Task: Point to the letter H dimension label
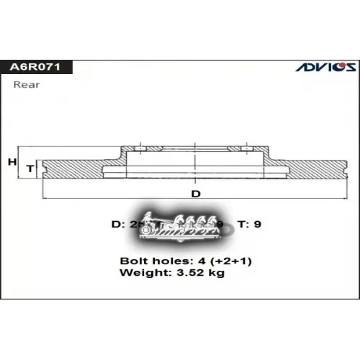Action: click(12, 162)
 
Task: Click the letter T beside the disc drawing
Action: click(30, 168)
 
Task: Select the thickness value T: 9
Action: click(248, 224)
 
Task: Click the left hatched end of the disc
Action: click(72, 167)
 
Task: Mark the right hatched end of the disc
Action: click(317, 167)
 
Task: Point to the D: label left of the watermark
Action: click(119, 224)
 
